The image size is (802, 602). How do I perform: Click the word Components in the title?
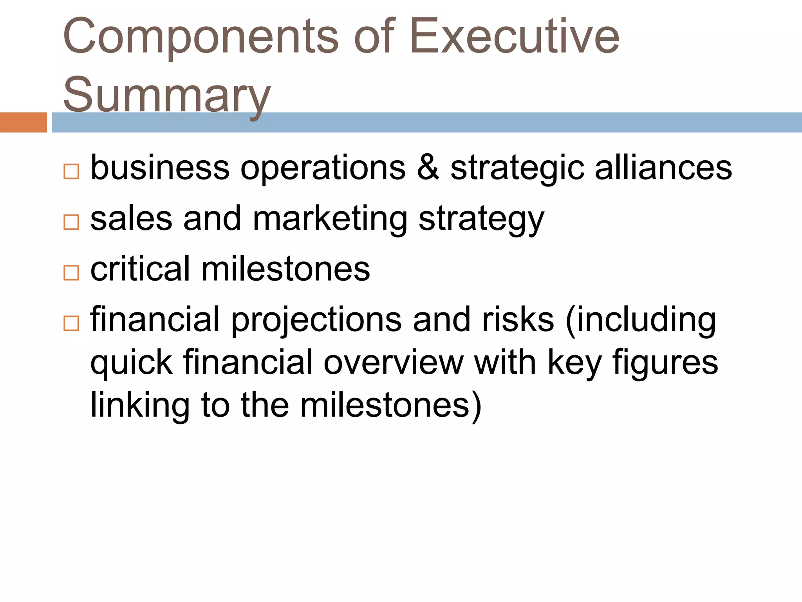(x=200, y=37)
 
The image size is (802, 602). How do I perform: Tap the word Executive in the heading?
(x=514, y=37)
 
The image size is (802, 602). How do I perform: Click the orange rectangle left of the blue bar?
(x=23, y=122)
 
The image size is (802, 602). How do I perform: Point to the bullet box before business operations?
(x=71, y=172)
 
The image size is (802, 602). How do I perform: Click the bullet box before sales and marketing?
(x=71, y=222)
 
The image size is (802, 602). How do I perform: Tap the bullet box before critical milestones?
(x=71, y=273)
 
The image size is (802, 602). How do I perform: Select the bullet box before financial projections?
(x=71, y=323)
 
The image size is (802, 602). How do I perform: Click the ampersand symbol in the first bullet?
(x=428, y=168)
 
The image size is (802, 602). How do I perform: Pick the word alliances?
(x=663, y=168)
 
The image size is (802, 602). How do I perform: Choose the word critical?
(x=140, y=269)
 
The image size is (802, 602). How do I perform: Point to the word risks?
(x=518, y=319)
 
